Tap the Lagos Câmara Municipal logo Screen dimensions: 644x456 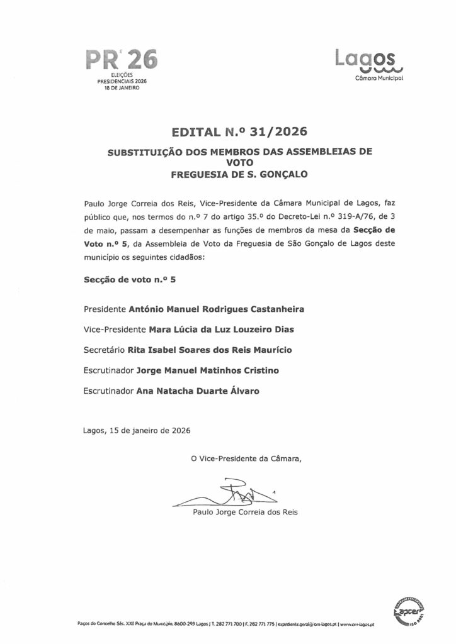[369, 65]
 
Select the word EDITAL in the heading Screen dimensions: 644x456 [193, 132]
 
